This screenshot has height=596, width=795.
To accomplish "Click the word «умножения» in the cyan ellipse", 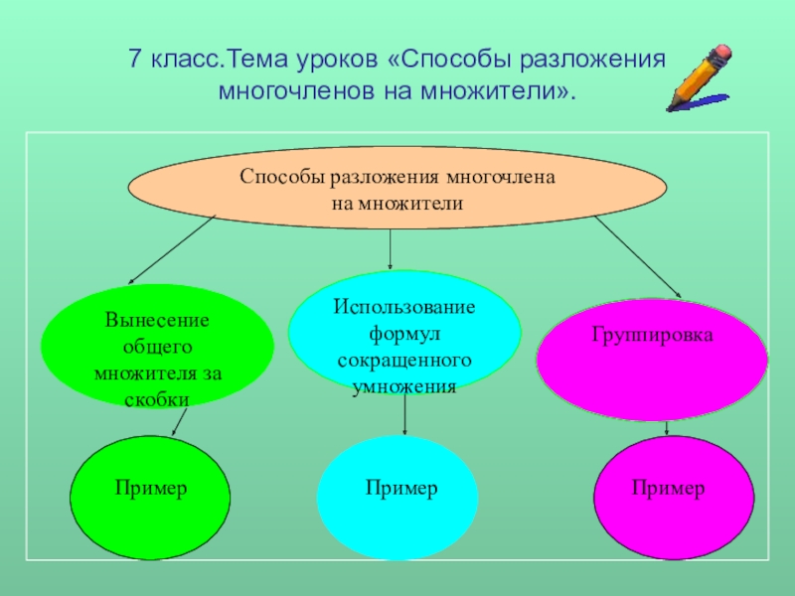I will (x=404, y=386).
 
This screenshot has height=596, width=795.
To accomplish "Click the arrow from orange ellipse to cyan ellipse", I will (x=391, y=248).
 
